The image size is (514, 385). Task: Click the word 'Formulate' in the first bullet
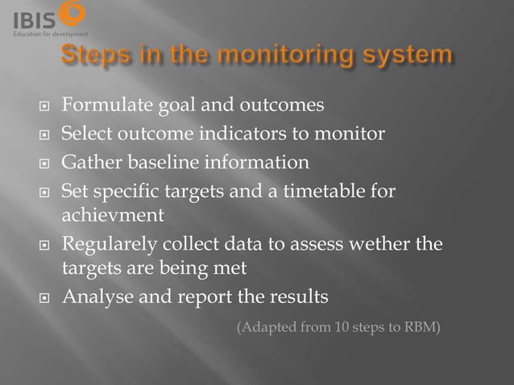(102, 105)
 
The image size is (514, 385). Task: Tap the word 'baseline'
(155, 163)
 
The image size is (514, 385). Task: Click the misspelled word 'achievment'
(113, 216)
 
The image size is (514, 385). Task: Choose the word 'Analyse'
(97, 297)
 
